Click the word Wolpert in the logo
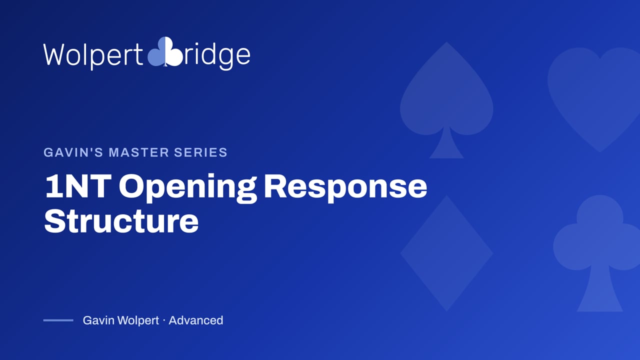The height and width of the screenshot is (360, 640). (x=93, y=55)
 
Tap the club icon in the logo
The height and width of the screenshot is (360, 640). (x=165, y=51)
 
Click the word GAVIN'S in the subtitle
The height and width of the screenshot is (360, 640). (x=73, y=152)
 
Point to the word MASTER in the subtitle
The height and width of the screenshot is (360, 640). (x=138, y=152)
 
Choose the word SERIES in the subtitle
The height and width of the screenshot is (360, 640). (x=200, y=152)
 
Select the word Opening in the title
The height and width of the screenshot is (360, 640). (x=188, y=187)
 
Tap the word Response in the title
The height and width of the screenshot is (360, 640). (x=345, y=187)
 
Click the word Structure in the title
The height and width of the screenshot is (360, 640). (x=121, y=221)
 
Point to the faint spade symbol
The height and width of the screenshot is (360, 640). (x=446, y=100)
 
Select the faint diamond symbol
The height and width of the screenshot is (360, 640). (x=446, y=253)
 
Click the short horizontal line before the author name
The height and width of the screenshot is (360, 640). (x=58, y=320)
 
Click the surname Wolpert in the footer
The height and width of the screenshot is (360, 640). (x=138, y=321)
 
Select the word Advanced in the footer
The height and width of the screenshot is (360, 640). (x=195, y=320)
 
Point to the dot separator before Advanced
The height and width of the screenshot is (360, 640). (x=163, y=320)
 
